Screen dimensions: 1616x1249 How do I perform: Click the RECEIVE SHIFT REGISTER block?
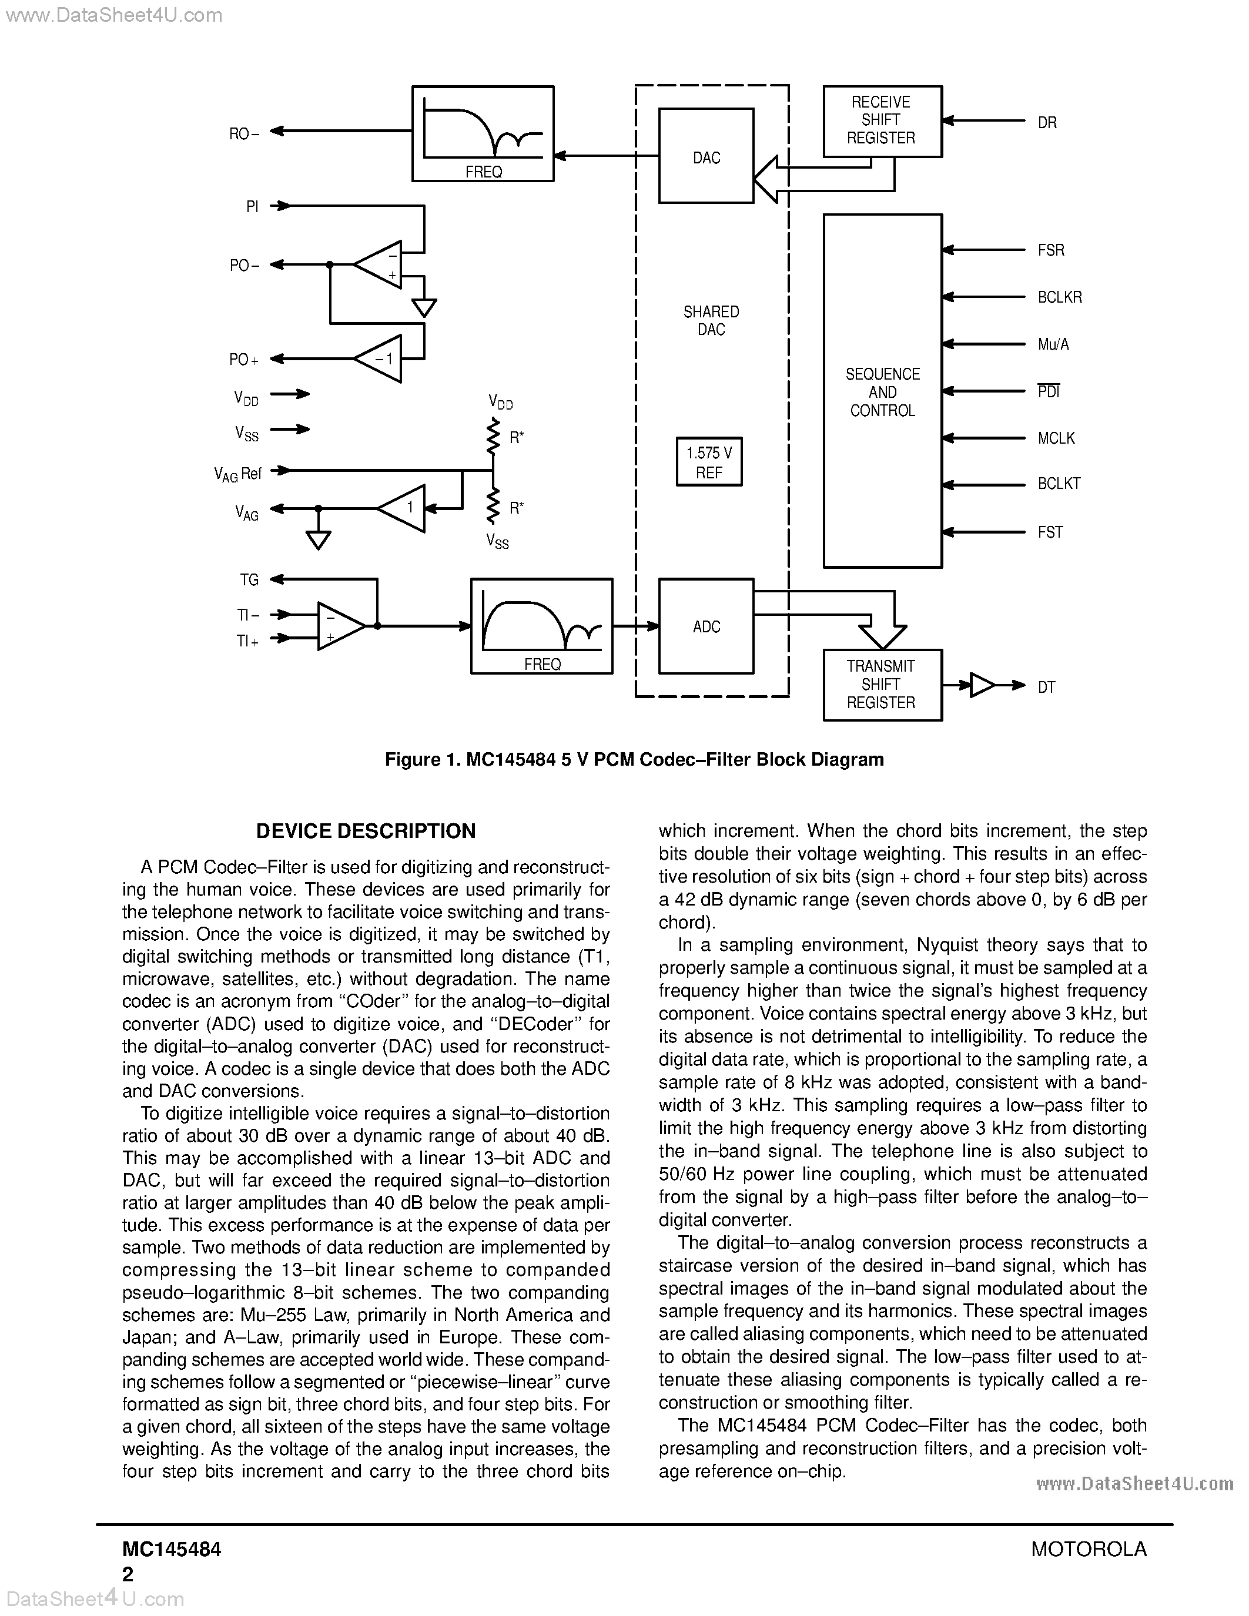tap(882, 120)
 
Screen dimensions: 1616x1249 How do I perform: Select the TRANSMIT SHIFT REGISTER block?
tap(882, 685)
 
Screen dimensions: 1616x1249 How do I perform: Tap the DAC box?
tap(706, 156)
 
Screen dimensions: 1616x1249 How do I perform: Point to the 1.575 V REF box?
tap(709, 462)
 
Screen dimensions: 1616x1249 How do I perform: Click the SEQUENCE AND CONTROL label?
tap(882, 392)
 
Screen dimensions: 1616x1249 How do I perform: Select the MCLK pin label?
tap(1056, 438)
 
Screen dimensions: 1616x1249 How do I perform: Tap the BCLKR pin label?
tap(1060, 297)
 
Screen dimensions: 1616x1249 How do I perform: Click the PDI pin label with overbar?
tap(1049, 391)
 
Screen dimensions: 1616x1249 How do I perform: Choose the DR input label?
tap(1047, 123)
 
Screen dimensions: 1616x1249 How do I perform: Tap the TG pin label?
tap(249, 579)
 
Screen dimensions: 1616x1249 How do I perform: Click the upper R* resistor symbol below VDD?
tap(493, 437)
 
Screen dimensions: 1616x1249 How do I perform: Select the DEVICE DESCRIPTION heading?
tap(366, 831)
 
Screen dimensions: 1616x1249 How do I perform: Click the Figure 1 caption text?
tap(634, 760)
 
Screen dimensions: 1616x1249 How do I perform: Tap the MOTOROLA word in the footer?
tap(1089, 1548)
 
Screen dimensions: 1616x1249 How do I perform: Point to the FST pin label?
tap(1050, 532)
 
